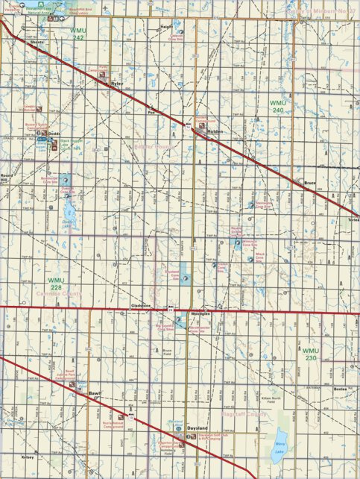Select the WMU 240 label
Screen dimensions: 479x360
[x=277, y=106]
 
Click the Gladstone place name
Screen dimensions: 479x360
[x=141, y=306]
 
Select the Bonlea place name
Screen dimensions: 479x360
[x=341, y=389]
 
